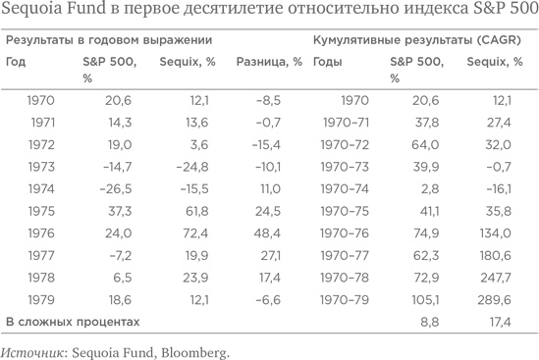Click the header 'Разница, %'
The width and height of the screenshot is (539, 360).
(268, 62)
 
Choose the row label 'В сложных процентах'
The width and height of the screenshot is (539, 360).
(73, 322)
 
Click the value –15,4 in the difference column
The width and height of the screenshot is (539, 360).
(279, 142)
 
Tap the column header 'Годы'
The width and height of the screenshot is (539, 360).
(327, 62)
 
